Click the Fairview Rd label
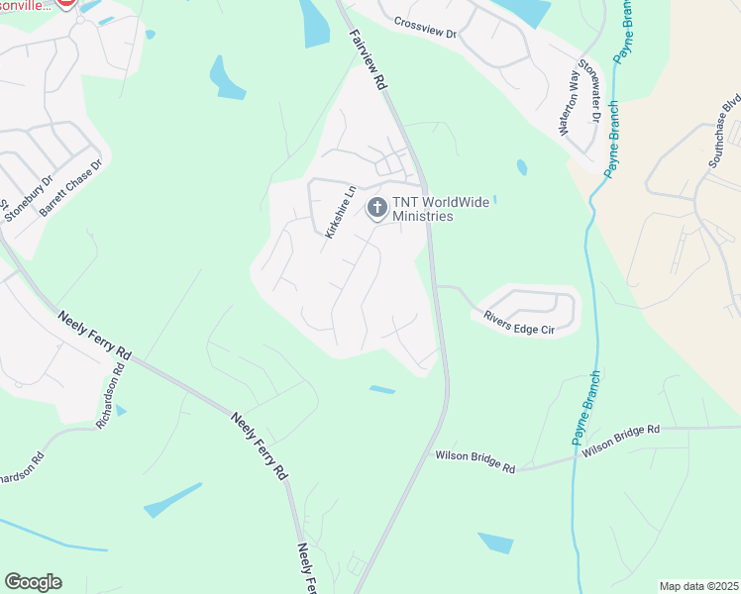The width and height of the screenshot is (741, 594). coord(367,60)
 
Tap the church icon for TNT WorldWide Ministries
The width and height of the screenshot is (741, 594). coord(376,207)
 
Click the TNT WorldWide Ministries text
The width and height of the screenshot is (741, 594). coord(423,209)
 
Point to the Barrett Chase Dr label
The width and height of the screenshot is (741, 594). coord(70,189)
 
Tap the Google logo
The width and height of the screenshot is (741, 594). coord(33,582)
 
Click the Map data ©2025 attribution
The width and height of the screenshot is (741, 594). coord(697,586)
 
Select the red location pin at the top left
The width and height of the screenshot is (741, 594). coord(64,2)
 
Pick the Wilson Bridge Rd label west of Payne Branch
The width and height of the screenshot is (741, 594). coord(476,461)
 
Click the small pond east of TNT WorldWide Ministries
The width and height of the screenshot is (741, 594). coord(522,167)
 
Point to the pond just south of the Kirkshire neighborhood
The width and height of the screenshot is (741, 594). coord(382,389)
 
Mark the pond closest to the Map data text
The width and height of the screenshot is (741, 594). coord(495,543)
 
